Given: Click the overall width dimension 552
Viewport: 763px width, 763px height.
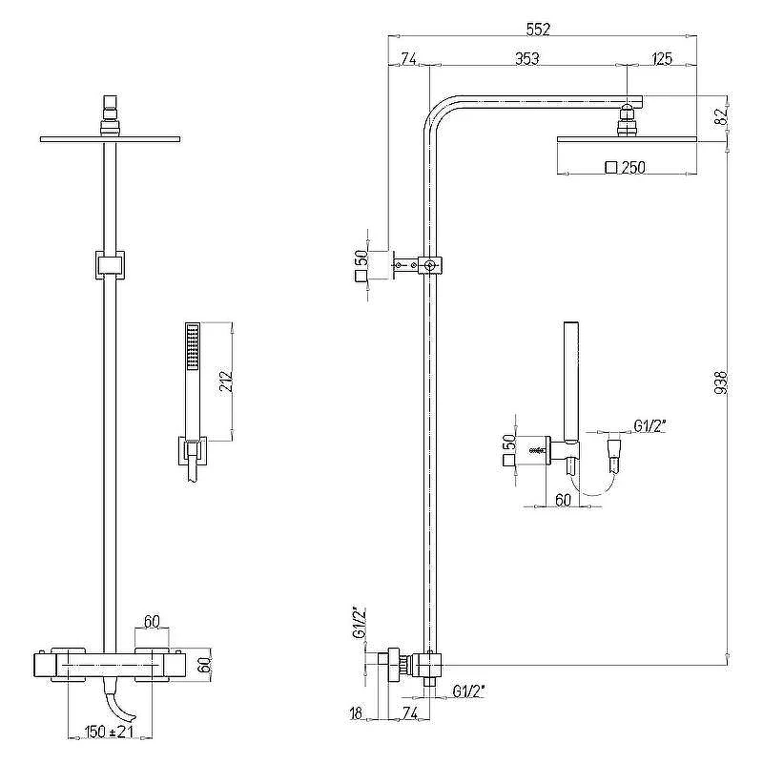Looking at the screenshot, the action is [538, 30].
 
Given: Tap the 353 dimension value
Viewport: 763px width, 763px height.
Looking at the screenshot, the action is [527, 59].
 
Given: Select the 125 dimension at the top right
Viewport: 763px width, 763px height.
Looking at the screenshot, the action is [661, 59].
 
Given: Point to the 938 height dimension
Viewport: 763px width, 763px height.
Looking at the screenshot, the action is [721, 382].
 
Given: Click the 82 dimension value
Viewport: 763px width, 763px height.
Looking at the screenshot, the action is [721, 115].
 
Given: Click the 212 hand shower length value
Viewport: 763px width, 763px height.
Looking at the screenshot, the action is [227, 381].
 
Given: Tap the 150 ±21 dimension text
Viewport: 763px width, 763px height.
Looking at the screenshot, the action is [109, 732].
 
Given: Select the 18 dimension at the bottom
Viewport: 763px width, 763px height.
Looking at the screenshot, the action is [356, 713].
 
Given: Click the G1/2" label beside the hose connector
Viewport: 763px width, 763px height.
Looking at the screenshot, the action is [650, 426].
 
